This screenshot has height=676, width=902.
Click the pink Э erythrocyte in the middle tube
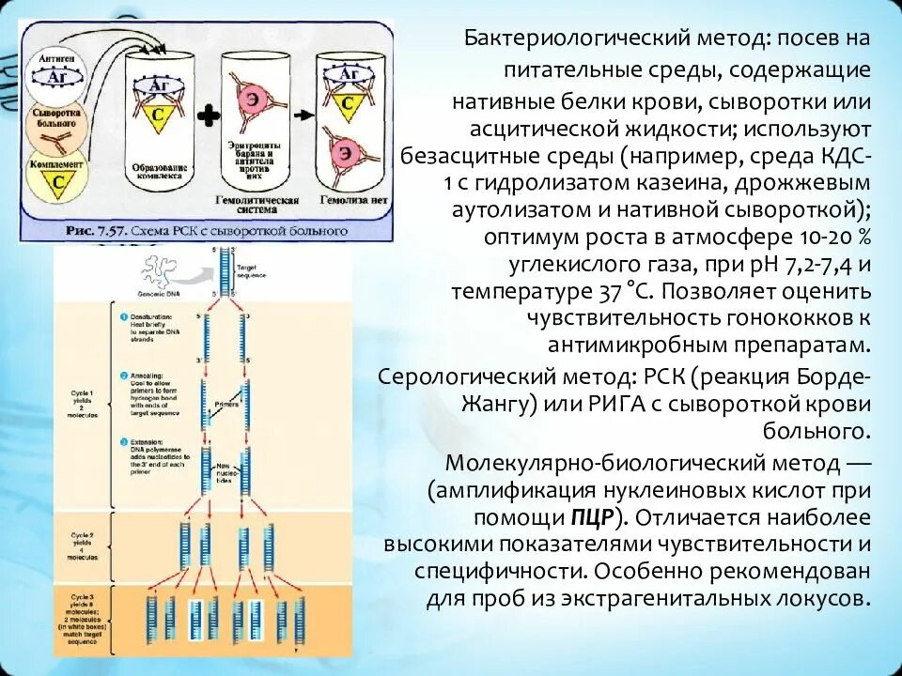click(254, 100)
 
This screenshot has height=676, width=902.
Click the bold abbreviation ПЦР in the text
click(592, 517)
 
